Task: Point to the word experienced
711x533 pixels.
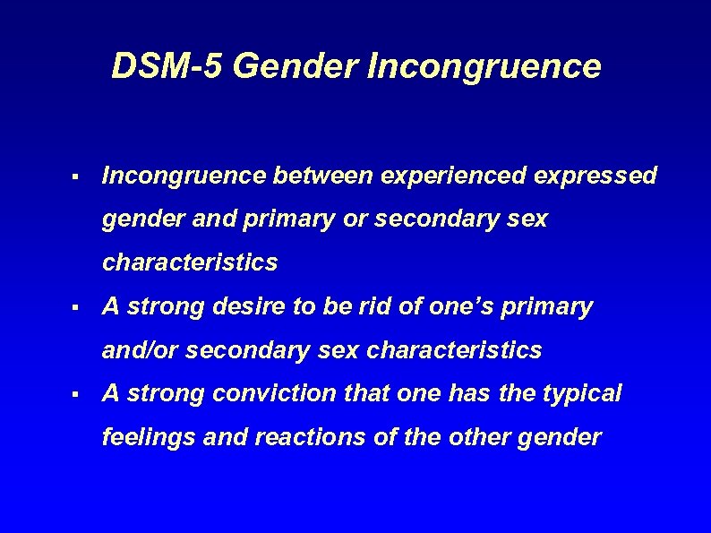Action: pyautogui.click(x=452, y=176)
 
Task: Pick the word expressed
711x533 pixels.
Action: pyautogui.click(x=595, y=176)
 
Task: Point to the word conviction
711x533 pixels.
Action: pyautogui.click(x=287, y=393)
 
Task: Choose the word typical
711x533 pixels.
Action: pyautogui.click(x=579, y=393)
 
